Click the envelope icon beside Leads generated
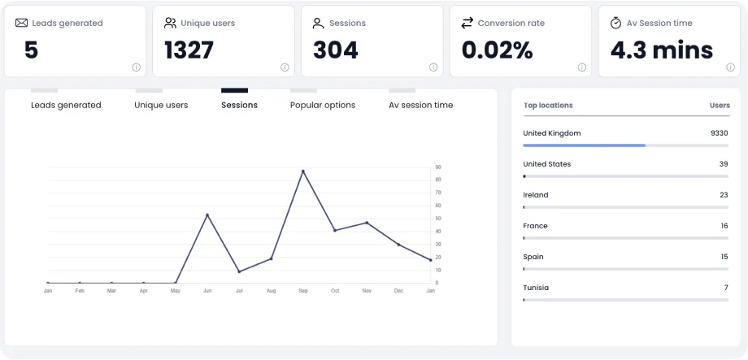22,23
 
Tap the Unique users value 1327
189,50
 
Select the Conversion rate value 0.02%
497,50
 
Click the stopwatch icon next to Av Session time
616,23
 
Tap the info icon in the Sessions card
433,67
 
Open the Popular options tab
323,105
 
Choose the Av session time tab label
420,105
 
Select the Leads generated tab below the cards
66,105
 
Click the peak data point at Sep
302,171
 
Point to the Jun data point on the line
207,215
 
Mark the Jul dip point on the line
239,271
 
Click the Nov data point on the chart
367,223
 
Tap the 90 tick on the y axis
438,167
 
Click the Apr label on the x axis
143,290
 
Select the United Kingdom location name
552,133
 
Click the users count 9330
719,133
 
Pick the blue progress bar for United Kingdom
584,145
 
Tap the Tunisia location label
536,288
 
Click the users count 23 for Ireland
724,195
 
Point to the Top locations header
548,106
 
